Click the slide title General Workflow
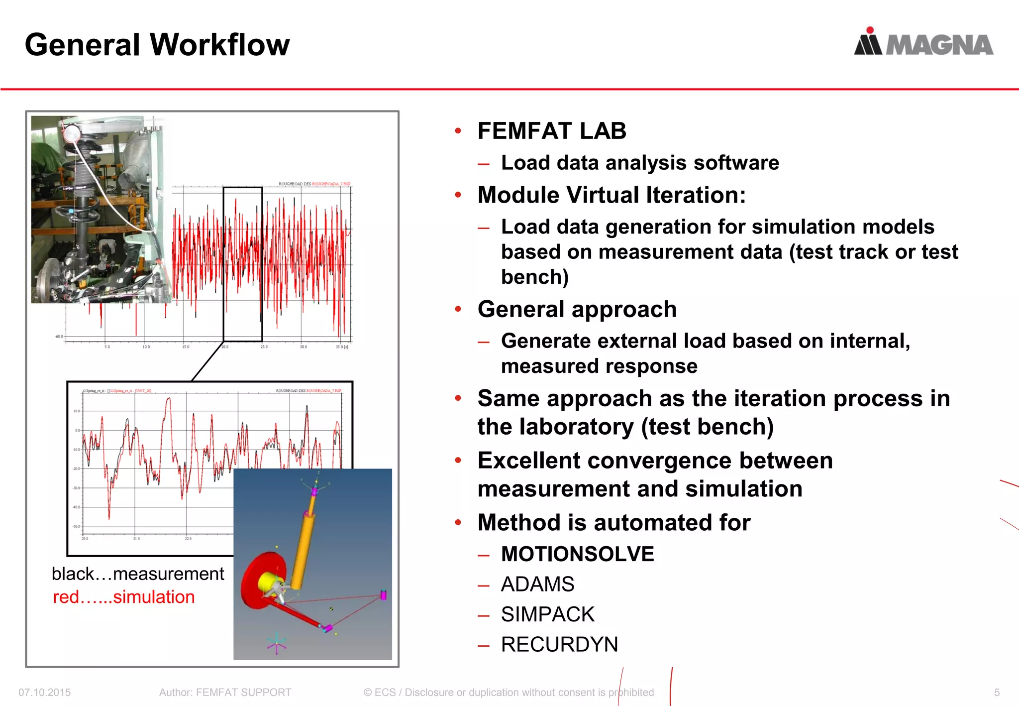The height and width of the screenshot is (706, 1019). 157,45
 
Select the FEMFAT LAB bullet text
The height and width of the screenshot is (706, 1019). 551,131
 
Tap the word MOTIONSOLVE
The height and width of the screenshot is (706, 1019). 577,554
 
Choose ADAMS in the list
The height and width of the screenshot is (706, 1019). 537,584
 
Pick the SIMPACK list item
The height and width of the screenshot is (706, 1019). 547,614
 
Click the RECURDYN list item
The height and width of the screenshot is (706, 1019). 559,644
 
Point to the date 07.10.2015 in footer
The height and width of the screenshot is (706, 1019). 45,693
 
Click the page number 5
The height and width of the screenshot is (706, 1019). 997,693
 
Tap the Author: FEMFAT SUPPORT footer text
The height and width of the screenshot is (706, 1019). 225,693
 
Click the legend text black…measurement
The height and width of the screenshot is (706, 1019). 138,574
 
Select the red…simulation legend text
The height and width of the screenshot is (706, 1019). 124,597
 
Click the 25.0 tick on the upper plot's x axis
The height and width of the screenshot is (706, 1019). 264,347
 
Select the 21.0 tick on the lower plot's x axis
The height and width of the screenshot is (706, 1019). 136,539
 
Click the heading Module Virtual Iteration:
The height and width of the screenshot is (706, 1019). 611,195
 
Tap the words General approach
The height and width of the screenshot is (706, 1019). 577,309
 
